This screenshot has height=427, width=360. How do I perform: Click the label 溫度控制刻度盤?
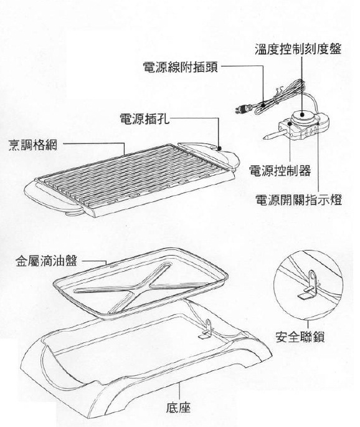tap(298, 49)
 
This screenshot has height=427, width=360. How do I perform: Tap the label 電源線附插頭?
tap(181, 67)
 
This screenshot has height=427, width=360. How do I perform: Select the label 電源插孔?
tap(144, 118)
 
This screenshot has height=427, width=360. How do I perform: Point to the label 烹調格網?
tap(33, 145)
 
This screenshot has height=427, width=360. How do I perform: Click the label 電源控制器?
tap(280, 170)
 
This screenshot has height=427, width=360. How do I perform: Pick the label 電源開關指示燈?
tap(298, 199)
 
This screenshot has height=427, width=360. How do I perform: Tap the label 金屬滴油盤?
tap(47, 261)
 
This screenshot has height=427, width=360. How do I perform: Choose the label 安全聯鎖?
tap(300, 337)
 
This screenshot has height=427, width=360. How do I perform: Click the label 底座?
tap(179, 408)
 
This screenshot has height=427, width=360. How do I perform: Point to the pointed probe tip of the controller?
tap(265, 138)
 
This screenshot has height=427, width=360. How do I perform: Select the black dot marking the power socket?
tap(219, 148)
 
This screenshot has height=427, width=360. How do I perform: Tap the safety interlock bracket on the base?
tap(207, 329)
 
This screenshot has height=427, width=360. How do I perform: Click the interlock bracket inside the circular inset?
tap(310, 285)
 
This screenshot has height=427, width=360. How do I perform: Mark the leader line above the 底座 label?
tap(179, 391)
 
